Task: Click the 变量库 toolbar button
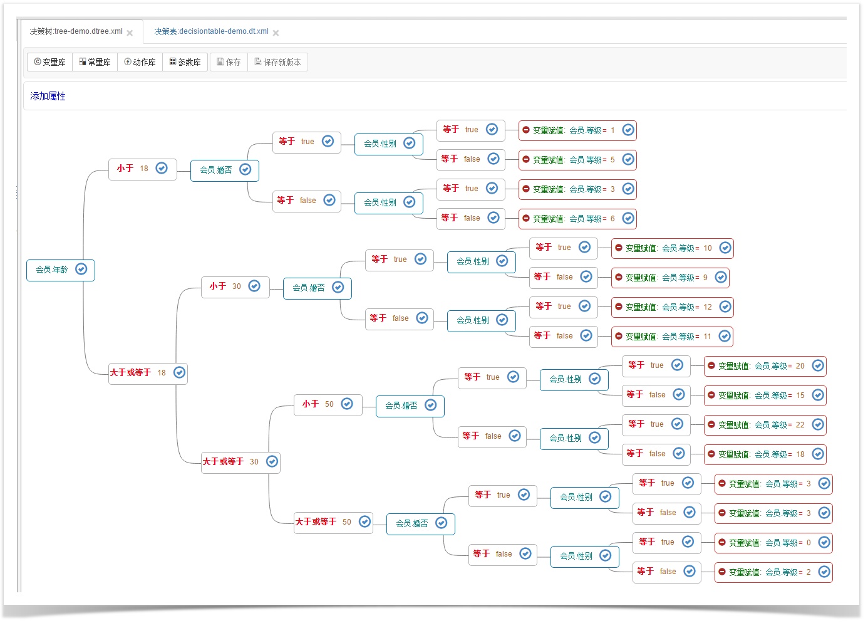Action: point(49,62)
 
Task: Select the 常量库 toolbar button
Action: point(95,62)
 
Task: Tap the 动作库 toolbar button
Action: point(140,62)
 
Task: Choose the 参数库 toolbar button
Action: point(185,62)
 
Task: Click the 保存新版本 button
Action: point(277,62)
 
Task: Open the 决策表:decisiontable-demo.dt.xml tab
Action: point(211,31)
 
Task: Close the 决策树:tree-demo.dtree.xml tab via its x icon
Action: point(130,33)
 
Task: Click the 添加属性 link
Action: point(48,96)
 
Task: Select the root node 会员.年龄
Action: point(61,270)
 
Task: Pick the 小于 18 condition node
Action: point(143,169)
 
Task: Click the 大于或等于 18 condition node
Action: point(148,373)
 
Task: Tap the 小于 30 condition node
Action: point(235,287)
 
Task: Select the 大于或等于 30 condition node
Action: point(240,463)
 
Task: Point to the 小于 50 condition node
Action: point(328,405)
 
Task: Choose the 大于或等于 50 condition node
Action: point(333,523)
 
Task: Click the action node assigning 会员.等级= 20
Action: point(765,366)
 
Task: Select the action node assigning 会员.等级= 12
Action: point(673,307)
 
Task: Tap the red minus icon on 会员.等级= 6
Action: point(526,218)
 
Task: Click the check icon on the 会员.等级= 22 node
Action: point(818,425)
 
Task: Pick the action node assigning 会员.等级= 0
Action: point(773,543)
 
